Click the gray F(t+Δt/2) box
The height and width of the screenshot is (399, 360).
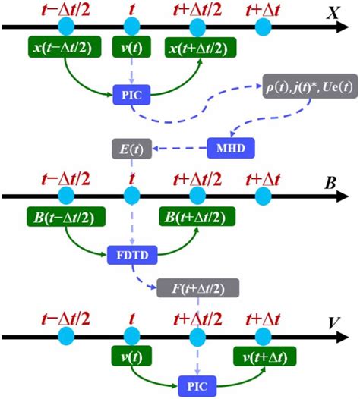pos(197,287)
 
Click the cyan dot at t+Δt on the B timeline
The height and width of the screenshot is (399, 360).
pos(264,196)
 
